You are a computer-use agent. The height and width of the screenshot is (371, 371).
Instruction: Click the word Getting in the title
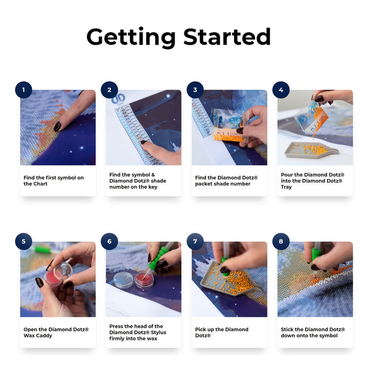pyautogui.click(x=131, y=38)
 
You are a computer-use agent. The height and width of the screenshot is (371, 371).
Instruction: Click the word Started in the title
pyautogui.click(x=227, y=37)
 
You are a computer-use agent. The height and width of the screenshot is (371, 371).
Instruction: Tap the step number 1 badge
pyautogui.click(x=24, y=90)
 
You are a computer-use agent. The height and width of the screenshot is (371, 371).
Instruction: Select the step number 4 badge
pyautogui.click(x=281, y=90)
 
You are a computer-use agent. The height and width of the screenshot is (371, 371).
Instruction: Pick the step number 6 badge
pyautogui.click(x=109, y=241)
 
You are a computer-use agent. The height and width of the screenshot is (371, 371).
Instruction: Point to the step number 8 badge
pyautogui.click(x=281, y=241)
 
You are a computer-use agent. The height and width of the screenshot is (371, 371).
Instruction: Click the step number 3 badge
pyautogui.click(x=195, y=90)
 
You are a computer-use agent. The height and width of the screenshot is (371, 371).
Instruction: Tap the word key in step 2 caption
pyautogui.click(x=153, y=187)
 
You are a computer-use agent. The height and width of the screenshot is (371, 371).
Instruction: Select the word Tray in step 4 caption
pyautogui.click(x=286, y=187)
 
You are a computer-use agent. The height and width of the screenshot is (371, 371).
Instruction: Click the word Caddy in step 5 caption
pyautogui.click(x=45, y=335)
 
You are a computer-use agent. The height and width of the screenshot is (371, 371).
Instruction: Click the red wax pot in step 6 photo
pyautogui.click(x=144, y=281)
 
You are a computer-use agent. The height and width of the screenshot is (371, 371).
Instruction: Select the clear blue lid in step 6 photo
pyautogui.click(x=123, y=280)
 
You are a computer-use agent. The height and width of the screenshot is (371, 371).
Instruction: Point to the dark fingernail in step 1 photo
pyautogui.click(x=58, y=126)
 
